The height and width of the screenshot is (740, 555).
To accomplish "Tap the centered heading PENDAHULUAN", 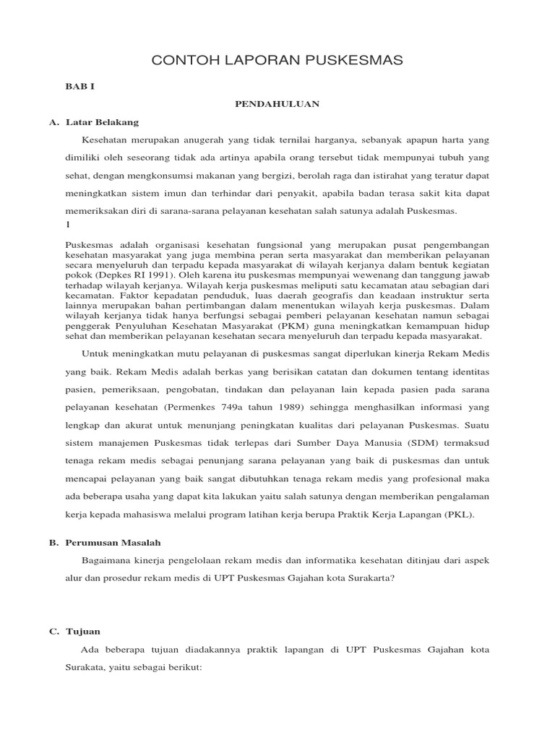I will pyautogui.click(x=277, y=104).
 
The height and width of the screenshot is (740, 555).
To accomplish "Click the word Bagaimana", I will pyautogui.click(x=106, y=561).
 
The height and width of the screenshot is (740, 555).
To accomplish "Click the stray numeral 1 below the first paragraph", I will pyautogui.click(x=68, y=225).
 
